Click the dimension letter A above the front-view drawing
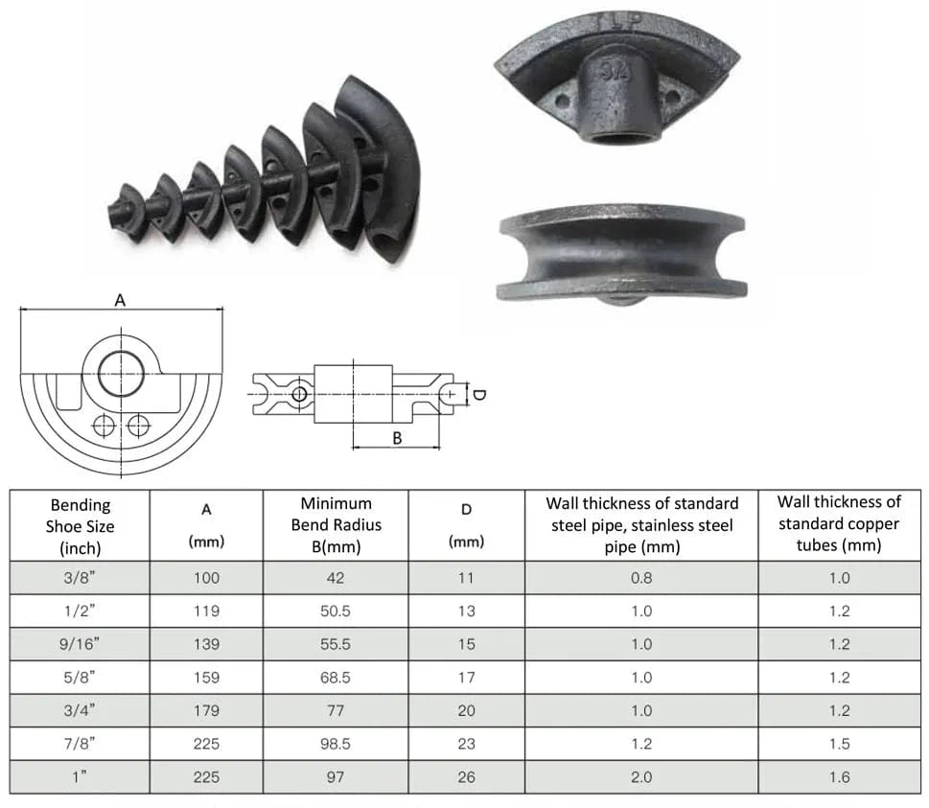(120, 300)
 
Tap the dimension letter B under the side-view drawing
(397, 438)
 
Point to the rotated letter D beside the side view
(479, 395)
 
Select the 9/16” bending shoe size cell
(80, 644)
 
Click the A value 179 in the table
(206, 710)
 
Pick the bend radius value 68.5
(336, 677)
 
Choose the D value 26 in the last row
(466, 776)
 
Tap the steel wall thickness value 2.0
(641, 776)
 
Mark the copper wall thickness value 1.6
(839, 776)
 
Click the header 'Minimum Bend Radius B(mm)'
(336, 525)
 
